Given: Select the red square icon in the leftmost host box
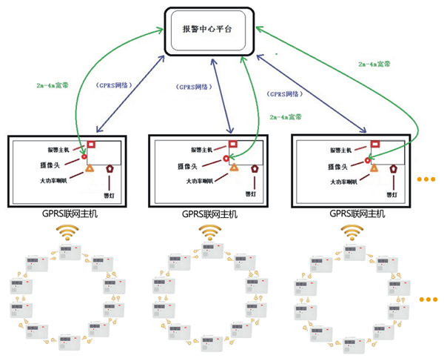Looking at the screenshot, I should [92, 145].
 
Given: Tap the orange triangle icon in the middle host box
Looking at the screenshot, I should [235, 169].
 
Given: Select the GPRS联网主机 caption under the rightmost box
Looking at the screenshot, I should [357, 214].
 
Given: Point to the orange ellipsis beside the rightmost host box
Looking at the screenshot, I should [428, 180].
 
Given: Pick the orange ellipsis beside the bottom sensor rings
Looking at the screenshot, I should [428, 300].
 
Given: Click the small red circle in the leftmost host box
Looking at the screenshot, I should [85, 156].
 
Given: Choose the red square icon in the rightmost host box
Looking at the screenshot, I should [375, 144].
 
